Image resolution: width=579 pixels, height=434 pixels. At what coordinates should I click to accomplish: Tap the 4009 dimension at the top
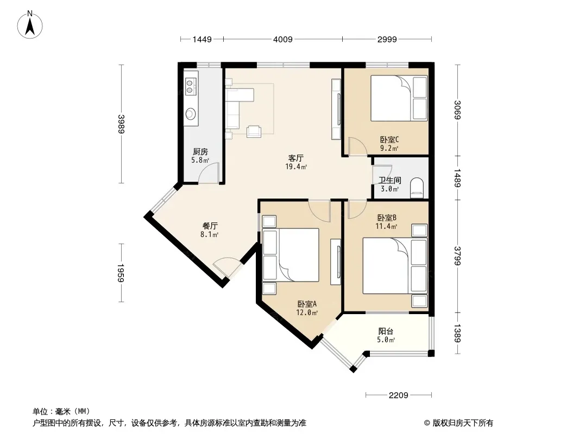tap(283, 39)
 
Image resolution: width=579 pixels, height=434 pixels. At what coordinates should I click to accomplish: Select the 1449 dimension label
tap(202, 39)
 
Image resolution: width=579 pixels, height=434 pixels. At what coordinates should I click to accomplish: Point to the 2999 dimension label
tap(387, 39)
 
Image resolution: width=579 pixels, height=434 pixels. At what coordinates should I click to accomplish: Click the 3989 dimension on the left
tap(122, 124)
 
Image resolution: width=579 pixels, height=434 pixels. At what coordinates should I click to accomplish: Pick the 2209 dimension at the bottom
tap(399, 395)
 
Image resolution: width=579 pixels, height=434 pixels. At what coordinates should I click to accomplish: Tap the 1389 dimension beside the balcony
tap(457, 333)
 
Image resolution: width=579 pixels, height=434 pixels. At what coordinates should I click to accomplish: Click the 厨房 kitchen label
tap(200, 151)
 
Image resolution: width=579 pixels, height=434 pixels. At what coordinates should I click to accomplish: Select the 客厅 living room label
tap(296, 158)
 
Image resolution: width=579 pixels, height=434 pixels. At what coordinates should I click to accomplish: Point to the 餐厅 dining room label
tap(210, 226)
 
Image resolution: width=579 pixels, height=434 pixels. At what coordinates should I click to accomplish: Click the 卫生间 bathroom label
tap(390, 180)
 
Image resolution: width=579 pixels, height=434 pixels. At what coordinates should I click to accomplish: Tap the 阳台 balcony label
tap(386, 331)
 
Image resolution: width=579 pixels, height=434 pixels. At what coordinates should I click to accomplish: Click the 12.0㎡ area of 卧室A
tap(307, 312)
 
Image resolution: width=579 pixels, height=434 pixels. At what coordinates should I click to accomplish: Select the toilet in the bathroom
tap(417, 188)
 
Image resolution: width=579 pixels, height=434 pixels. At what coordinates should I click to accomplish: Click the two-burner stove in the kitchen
tap(190, 86)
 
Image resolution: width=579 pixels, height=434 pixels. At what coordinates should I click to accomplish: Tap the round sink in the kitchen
tap(191, 113)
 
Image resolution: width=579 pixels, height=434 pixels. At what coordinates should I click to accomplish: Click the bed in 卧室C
tap(399, 98)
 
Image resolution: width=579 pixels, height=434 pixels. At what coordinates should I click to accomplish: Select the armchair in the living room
tap(254, 131)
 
